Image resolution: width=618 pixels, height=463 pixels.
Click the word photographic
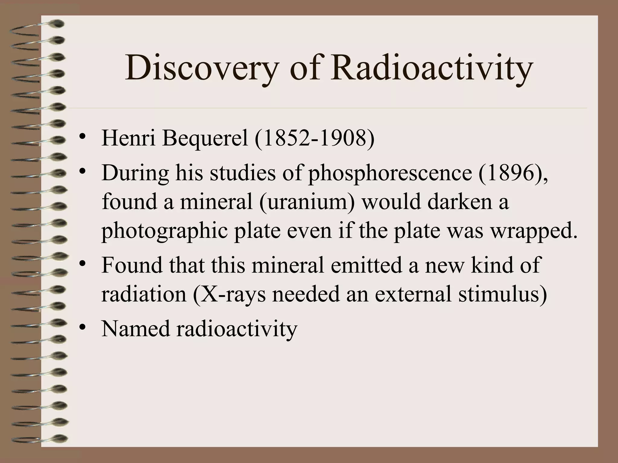coord(164,231)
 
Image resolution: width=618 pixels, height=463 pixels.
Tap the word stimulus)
coord(502,294)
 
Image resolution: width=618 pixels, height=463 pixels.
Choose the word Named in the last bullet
coord(136,329)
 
